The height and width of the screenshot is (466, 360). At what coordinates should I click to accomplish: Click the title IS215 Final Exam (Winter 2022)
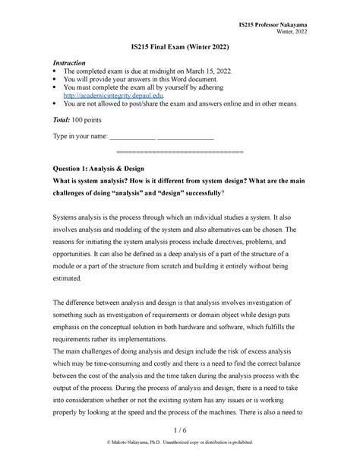(179, 47)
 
